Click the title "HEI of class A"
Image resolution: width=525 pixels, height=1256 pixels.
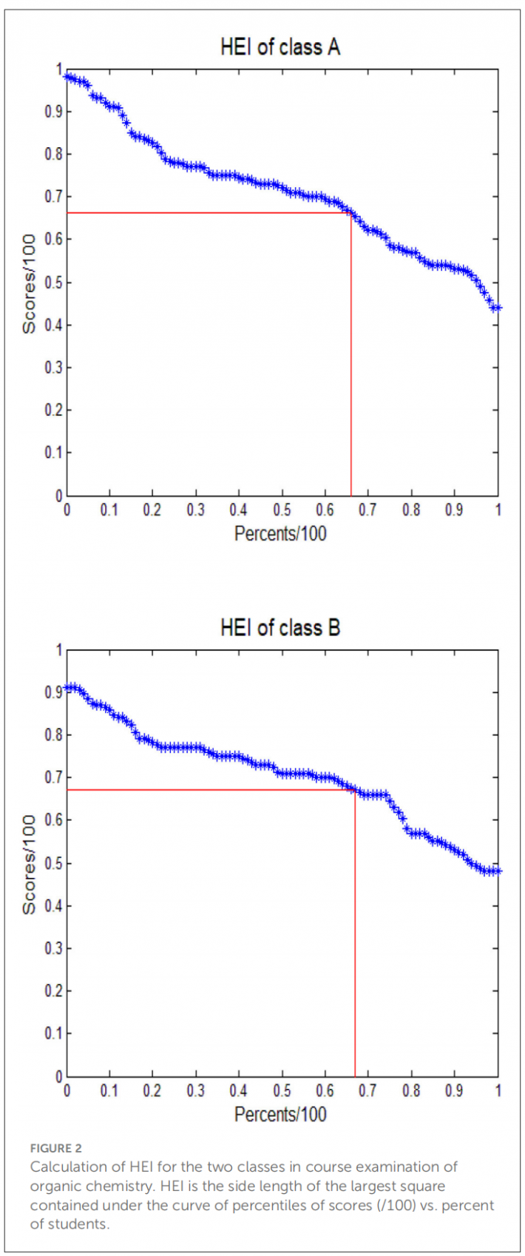click(280, 47)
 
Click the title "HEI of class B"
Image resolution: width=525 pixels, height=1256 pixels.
click(280, 628)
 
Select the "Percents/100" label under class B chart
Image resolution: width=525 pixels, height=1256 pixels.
click(280, 1114)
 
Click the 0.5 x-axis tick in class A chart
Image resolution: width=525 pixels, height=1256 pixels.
click(282, 510)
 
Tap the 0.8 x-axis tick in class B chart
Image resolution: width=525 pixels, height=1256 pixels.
click(411, 1091)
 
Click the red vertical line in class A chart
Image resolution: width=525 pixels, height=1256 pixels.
click(351, 370)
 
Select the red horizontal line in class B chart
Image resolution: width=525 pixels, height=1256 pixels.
click(207, 790)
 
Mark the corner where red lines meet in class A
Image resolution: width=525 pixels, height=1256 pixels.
click(351, 213)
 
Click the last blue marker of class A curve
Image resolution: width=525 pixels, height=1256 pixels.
click(498, 308)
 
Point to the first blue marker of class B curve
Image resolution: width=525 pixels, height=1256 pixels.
click(67, 688)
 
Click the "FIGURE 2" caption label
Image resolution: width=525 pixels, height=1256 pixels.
click(56, 1148)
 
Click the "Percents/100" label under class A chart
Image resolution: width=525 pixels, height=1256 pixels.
click(280, 533)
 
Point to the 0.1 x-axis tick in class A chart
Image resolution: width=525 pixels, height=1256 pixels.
click(109, 510)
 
